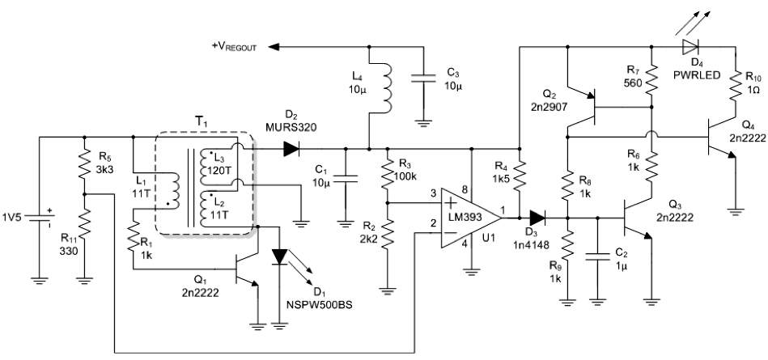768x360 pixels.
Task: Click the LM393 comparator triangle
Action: click(x=471, y=218)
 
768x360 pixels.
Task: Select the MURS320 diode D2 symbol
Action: click(x=291, y=148)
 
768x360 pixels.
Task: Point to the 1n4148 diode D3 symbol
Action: click(x=537, y=218)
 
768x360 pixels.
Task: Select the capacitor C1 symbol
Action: click(x=346, y=178)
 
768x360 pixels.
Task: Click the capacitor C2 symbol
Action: click(x=597, y=257)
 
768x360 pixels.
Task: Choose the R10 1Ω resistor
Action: click(x=735, y=87)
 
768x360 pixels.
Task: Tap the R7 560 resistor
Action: click(x=651, y=82)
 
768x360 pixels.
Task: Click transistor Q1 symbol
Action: click(x=246, y=269)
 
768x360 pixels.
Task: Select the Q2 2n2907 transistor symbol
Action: click(x=583, y=106)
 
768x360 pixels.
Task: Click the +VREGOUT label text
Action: click(x=234, y=47)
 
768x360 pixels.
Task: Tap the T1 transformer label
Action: click(x=202, y=122)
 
